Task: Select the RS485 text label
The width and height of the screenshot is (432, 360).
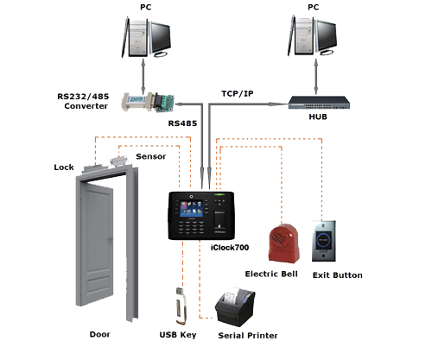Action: point(181,123)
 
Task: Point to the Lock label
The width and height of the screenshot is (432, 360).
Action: point(64,167)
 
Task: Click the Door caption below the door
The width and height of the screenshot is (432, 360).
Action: point(100,333)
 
